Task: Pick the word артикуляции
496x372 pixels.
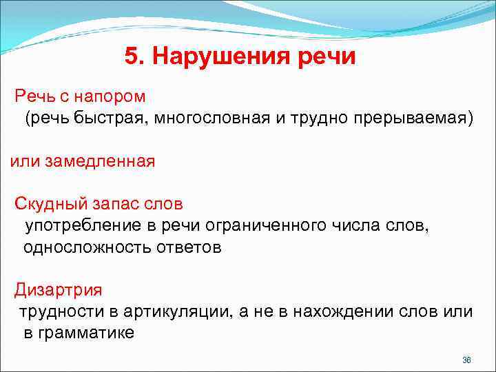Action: coord(174,311)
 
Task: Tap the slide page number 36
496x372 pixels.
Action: coord(466,360)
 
